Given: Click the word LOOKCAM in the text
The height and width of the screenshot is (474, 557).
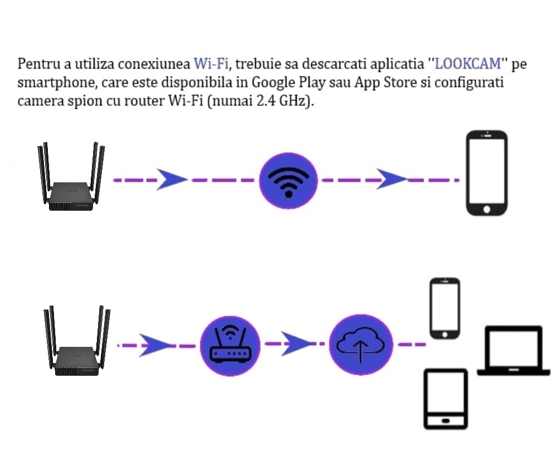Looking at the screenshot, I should click(468, 64).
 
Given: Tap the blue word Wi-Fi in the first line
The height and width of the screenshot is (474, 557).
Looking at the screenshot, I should click(211, 64).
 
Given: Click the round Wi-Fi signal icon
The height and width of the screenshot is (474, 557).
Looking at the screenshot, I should click(288, 180).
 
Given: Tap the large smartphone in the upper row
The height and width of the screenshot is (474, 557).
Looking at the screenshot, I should click(487, 173).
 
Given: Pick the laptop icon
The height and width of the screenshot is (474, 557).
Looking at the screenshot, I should click(513, 351).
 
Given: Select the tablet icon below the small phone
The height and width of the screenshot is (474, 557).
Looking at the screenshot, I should click(446, 398).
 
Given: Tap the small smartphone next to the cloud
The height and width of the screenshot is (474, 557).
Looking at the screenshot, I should click(444, 308).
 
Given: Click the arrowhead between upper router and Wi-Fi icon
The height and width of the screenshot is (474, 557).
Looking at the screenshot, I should click(170, 179).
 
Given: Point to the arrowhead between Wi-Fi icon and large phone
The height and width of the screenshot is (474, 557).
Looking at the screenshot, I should click(393, 179).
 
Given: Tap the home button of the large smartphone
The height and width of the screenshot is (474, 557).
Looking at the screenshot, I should click(487, 209).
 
